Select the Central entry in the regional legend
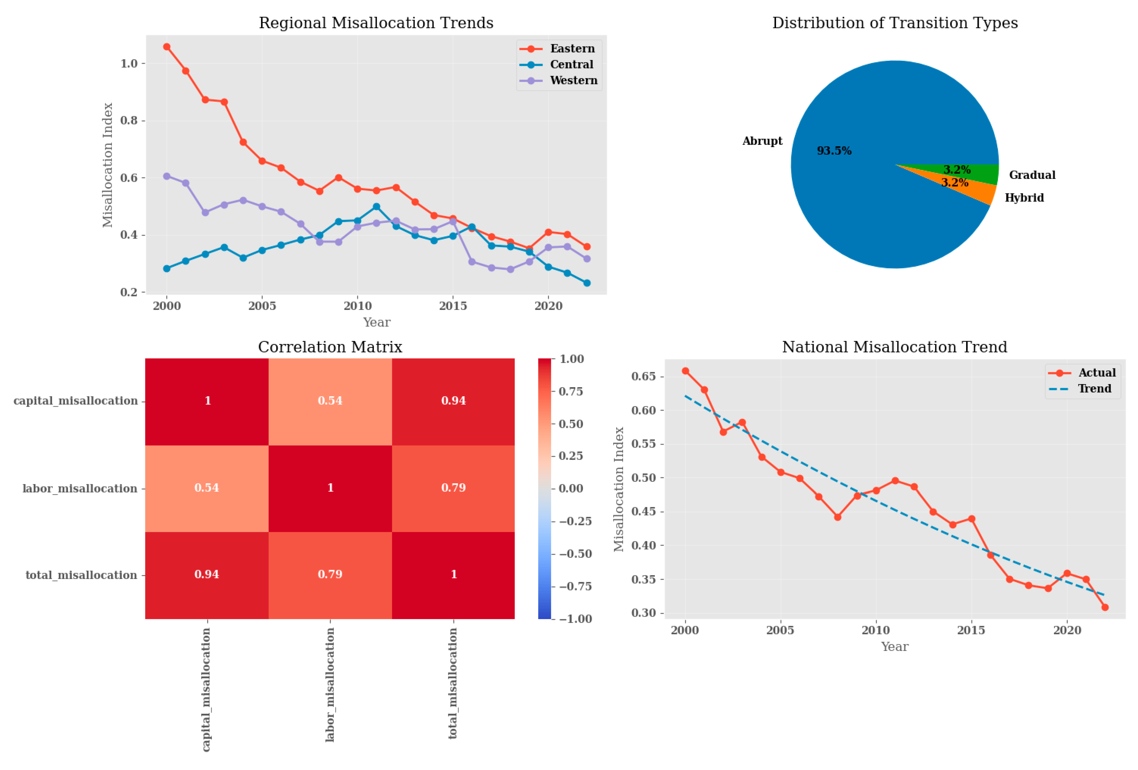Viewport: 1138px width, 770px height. [571, 65]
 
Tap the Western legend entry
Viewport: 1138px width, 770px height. [573, 80]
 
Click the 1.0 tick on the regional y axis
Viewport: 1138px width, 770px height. [129, 64]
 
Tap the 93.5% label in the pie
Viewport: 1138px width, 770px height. [834, 151]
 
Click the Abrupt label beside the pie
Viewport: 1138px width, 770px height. [762, 141]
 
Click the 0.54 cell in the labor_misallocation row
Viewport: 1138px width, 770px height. [207, 487]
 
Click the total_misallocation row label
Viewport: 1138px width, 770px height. [81, 575]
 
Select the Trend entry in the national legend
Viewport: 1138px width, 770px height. [1094, 389]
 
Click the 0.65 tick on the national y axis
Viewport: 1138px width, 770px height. [643, 376]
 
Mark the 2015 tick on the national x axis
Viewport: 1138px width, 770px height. [971, 630]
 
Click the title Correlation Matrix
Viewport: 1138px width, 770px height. [330, 347]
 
